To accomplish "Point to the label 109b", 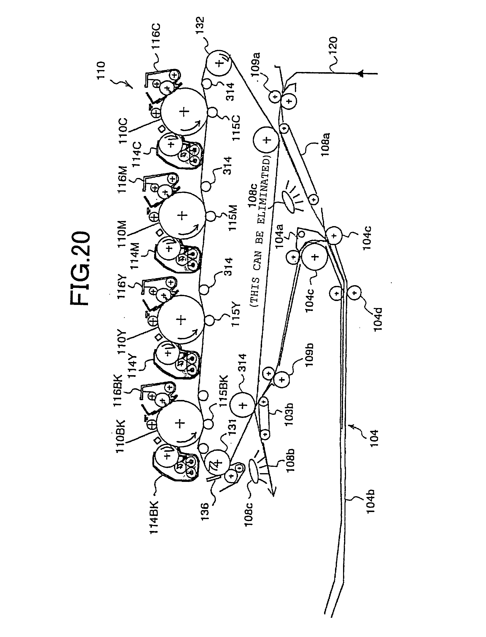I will click(309, 354).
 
